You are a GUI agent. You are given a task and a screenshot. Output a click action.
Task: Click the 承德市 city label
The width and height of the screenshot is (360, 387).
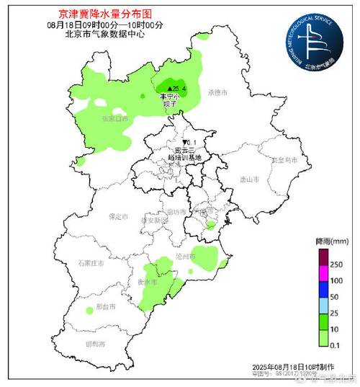[217, 93]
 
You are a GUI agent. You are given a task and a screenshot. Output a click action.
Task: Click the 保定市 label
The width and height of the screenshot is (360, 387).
[117, 216]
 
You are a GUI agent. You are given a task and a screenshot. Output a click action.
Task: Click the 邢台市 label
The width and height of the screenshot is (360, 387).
[107, 307]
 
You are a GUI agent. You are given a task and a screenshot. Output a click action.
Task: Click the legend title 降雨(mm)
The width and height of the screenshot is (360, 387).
[331, 239]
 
